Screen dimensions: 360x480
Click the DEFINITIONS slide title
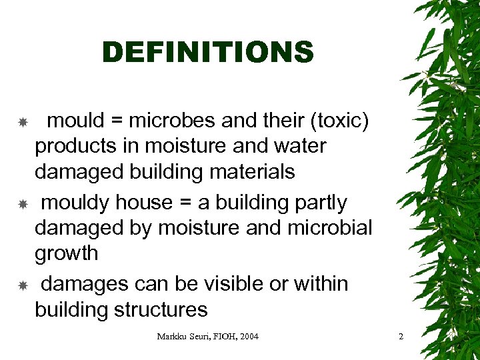[x=207, y=52]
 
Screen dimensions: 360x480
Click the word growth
[x=66, y=254]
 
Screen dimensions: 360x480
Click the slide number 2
[x=401, y=337]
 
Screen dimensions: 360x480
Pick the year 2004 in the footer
[x=247, y=337]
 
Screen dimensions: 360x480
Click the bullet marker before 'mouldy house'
[x=22, y=203]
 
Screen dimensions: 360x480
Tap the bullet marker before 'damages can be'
[x=22, y=285]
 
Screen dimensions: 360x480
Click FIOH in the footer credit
[x=219, y=337]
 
